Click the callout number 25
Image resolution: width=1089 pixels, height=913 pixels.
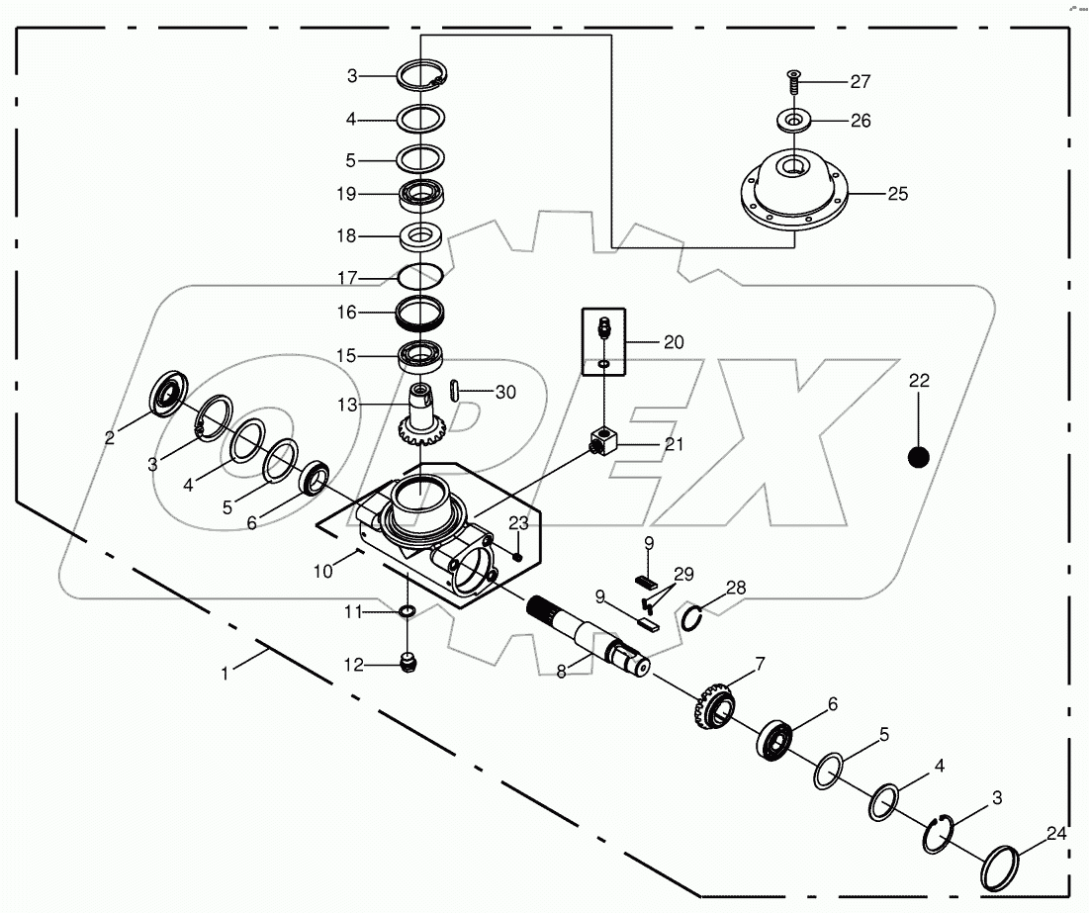[x=897, y=194]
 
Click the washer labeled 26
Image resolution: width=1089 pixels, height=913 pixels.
[x=794, y=121]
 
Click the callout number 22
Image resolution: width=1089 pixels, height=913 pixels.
[x=920, y=381]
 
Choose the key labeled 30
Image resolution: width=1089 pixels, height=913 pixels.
[x=455, y=391]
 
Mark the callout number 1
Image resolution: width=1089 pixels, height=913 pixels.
[x=225, y=673]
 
